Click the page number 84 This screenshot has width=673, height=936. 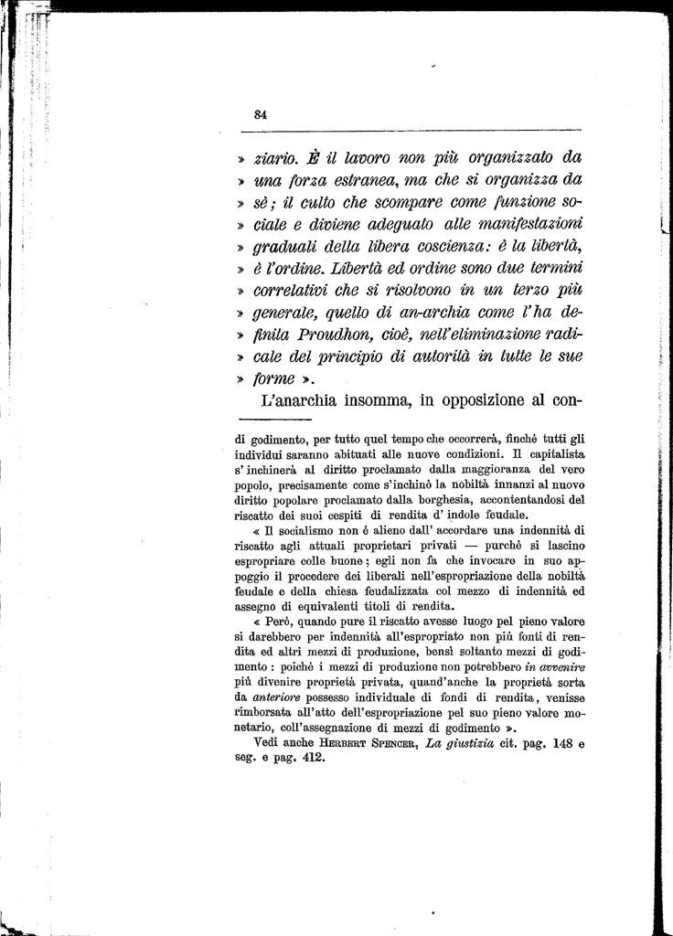coord(260,114)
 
